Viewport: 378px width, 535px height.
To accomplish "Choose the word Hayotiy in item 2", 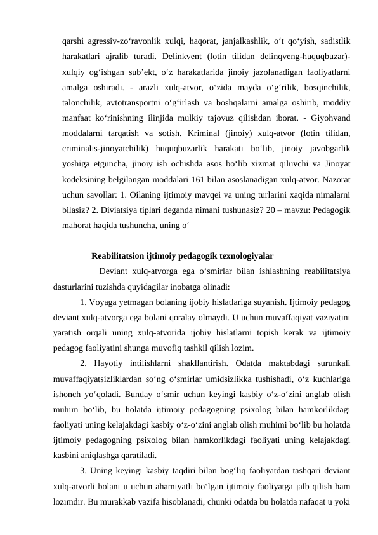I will click(x=115, y=367).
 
